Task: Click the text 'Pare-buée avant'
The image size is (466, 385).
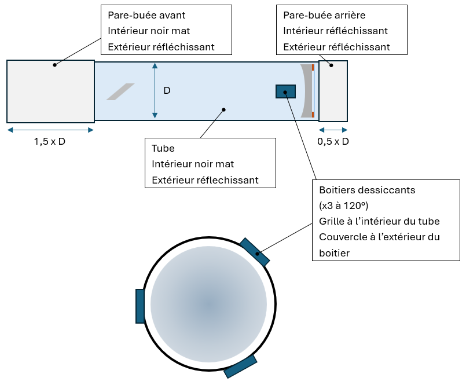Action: (x=146, y=15)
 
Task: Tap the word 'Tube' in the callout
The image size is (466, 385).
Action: (x=163, y=149)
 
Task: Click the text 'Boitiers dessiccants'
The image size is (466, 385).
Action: (x=367, y=190)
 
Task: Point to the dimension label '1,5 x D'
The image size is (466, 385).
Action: (x=50, y=141)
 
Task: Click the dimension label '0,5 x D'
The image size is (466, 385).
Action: (x=333, y=141)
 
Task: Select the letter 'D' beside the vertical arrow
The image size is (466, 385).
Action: (x=167, y=90)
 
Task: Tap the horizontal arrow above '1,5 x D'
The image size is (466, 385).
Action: (x=50, y=130)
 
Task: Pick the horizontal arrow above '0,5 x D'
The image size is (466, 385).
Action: (x=333, y=130)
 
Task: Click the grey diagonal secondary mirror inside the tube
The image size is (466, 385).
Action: (x=120, y=91)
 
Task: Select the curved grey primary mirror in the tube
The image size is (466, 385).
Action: (x=306, y=90)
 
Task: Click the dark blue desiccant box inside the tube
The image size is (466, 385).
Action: (x=285, y=91)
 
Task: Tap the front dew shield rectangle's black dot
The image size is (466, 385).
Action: (x=55, y=65)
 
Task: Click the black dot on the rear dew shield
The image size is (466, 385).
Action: (x=332, y=65)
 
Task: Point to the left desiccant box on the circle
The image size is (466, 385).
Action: (x=140, y=306)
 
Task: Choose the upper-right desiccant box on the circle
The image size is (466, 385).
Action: (x=255, y=252)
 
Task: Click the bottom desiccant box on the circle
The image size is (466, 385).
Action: (x=240, y=366)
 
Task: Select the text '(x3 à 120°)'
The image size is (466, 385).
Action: (x=344, y=206)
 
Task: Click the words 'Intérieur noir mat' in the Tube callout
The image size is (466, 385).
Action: (x=193, y=164)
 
